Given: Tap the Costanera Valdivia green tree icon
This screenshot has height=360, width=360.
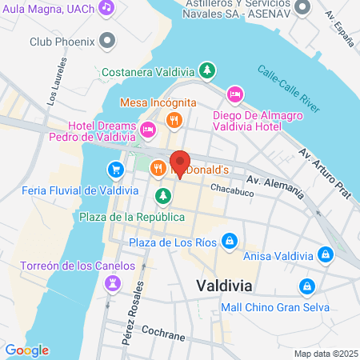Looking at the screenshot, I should (207, 71).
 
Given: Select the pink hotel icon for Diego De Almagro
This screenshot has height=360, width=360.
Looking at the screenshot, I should (235, 95).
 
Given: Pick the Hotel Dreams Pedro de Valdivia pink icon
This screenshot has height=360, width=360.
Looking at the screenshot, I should (147, 130).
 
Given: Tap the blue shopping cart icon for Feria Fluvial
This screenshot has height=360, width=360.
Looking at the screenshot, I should (115, 169).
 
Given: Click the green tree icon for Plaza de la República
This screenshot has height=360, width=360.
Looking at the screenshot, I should (163, 195).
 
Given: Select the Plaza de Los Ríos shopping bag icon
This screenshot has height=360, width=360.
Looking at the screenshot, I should (230, 240).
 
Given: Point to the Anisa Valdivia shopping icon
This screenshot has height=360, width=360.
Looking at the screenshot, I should (325, 255).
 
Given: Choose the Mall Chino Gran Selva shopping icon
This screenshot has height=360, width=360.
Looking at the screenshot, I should (306, 286).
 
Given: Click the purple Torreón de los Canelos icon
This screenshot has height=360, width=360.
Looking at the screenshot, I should (114, 282).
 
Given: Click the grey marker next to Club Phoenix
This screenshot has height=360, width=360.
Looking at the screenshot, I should (106, 41).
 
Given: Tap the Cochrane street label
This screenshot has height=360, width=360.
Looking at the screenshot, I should (162, 329).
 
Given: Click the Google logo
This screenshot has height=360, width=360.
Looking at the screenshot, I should (26, 350).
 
